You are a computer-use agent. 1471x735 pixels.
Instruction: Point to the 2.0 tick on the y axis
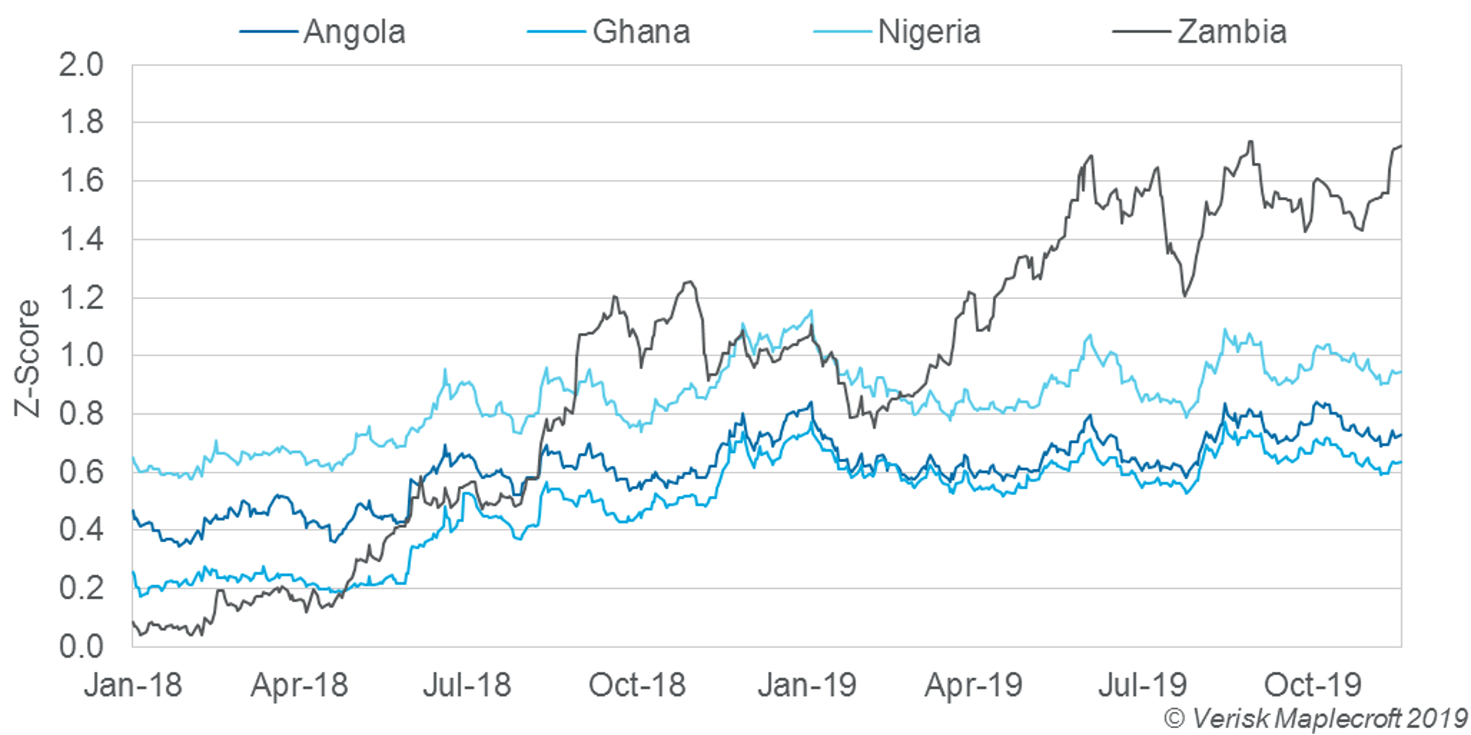click(81, 65)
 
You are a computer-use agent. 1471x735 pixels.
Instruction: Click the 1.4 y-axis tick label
click(81, 240)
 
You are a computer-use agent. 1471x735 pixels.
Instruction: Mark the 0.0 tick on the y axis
click(81, 646)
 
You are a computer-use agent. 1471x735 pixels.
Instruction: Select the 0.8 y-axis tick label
click(81, 414)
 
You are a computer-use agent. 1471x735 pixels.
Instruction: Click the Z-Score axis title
click(28, 358)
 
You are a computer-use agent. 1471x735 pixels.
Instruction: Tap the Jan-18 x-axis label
click(133, 685)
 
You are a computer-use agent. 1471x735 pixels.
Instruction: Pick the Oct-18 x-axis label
click(637, 685)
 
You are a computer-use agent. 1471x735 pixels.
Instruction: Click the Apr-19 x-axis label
click(973, 685)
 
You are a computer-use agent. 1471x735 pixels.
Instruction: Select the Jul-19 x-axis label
click(1142, 685)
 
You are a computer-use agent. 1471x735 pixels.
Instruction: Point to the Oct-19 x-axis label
click(1312, 685)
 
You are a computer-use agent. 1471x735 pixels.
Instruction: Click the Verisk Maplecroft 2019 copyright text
click(1316, 718)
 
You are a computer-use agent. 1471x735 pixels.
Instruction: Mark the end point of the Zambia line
click(1400, 146)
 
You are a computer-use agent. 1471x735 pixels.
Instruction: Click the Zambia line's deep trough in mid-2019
click(1184, 296)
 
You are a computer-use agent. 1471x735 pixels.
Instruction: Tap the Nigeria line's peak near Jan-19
click(811, 310)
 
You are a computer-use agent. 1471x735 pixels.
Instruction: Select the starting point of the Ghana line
click(134, 571)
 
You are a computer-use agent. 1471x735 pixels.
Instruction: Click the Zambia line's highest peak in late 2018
click(688, 282)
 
